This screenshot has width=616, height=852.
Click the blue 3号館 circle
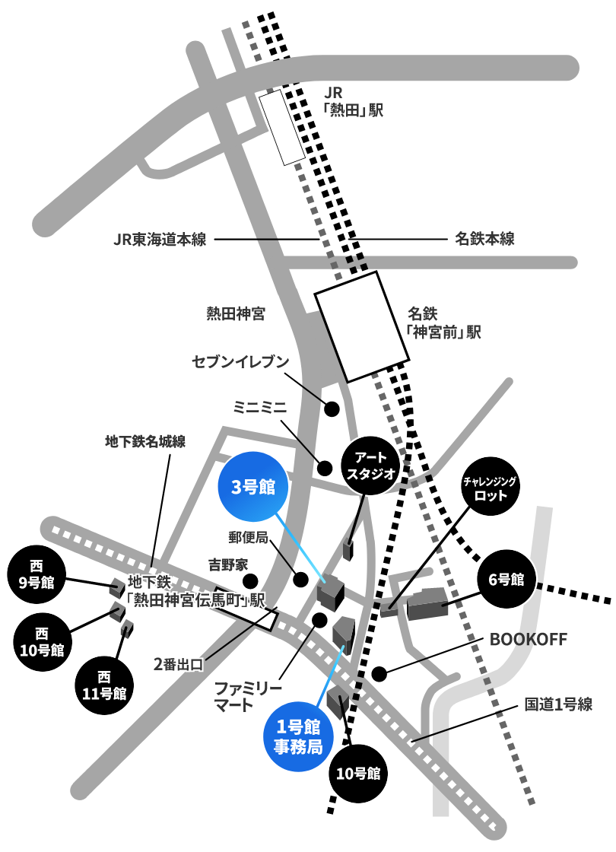[252, 487]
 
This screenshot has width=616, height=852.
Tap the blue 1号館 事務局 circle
[297, 736]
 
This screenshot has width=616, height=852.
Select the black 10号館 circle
[358, 773]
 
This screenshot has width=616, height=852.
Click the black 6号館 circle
[506, 579]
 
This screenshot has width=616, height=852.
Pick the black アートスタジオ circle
[370, 466]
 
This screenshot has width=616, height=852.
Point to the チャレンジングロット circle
[490, 488]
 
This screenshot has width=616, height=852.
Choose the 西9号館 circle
[37, 574]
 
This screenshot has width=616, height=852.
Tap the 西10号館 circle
[42, 642]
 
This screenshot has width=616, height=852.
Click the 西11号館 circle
[104, 685]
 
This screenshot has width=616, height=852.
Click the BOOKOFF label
[528, 639]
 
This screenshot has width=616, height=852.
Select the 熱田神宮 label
[236, 313]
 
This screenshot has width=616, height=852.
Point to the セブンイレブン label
[240, 361]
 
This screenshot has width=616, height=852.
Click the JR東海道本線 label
[160, 239]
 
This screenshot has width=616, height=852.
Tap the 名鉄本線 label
[484, 239]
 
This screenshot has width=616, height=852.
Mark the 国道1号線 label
[558, 704]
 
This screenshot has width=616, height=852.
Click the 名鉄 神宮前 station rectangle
[362, 326]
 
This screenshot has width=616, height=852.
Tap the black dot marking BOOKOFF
[379, 674]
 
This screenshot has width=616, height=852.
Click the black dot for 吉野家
[250, 581]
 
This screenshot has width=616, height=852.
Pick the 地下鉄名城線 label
[145, 441]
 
